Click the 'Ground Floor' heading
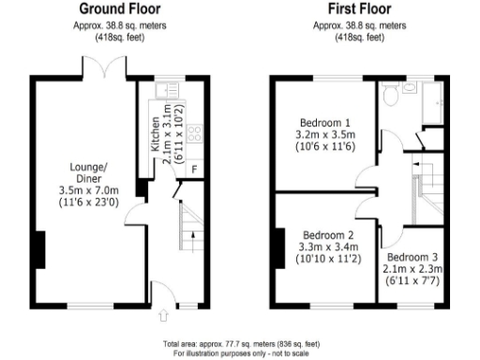[119, 10]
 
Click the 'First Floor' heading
[360, 10]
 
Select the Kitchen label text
[156, 135]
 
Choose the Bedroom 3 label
[413, 257]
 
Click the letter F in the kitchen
[193, 169]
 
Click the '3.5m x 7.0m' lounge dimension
[84, 188]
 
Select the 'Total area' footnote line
[240, 344]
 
